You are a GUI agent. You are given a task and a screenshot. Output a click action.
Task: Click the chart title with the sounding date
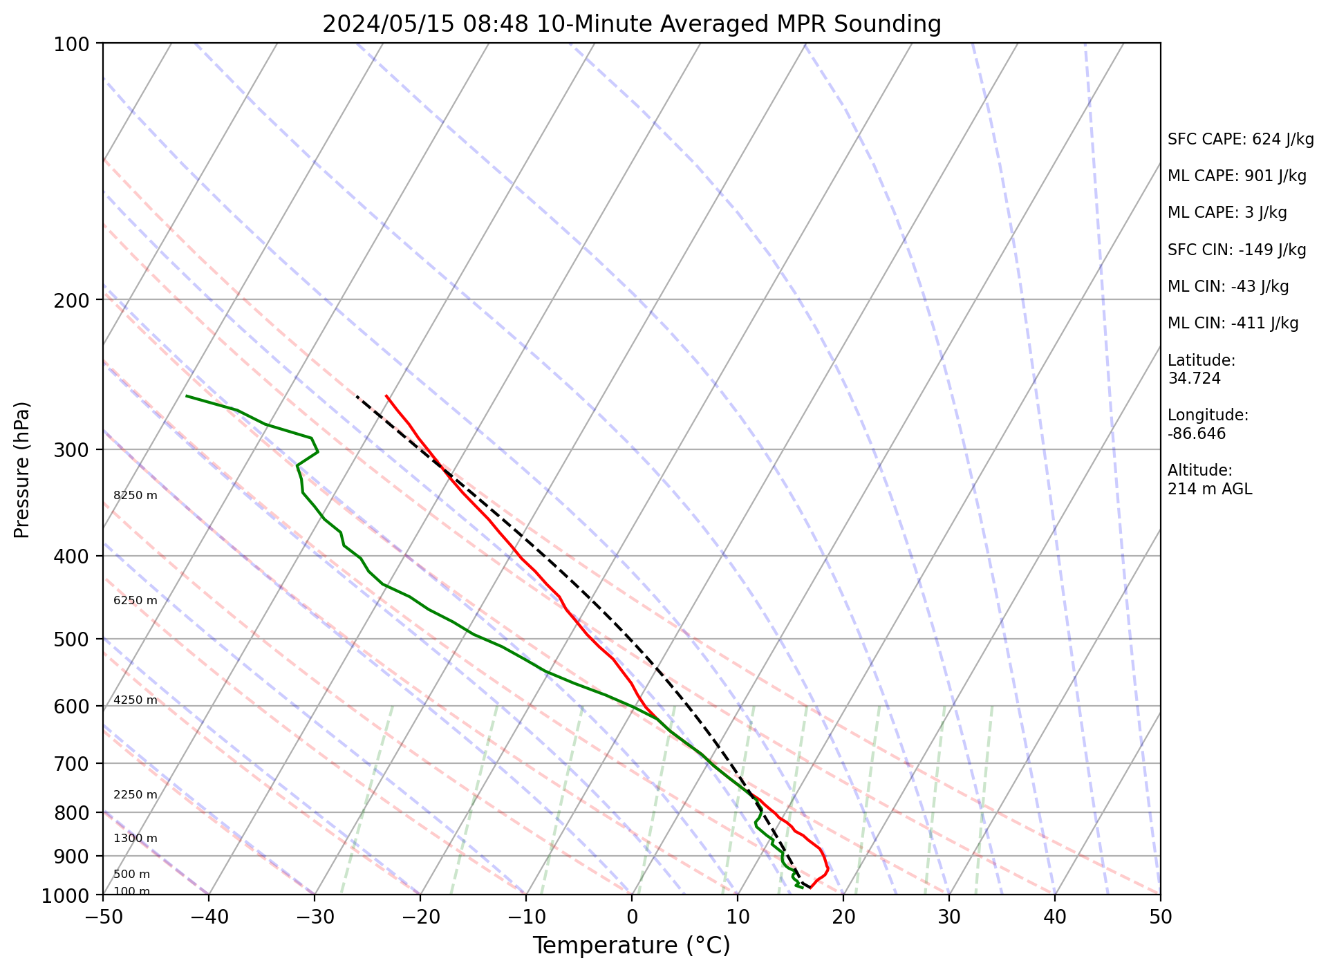[631, 24]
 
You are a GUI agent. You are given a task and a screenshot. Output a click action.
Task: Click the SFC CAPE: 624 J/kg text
[1240, 140]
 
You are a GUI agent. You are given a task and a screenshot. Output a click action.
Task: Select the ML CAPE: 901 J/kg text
[1237, 176]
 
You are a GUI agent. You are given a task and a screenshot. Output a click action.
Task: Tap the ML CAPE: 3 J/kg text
[1227, 213]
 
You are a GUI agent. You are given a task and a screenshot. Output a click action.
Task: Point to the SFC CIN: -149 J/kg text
[1237, 250]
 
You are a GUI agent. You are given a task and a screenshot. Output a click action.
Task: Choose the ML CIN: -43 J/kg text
[1228, 287]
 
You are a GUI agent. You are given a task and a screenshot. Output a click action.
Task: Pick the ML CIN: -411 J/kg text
[1233, 324]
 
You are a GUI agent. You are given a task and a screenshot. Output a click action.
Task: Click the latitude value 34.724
[1194, 379]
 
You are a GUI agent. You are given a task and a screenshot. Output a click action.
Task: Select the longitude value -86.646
[1197, 434]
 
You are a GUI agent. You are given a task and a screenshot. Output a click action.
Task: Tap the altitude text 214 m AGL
[1210, 489]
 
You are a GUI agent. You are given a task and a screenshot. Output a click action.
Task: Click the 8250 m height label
[135, 496]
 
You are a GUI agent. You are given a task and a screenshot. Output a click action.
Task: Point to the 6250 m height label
[135, 601]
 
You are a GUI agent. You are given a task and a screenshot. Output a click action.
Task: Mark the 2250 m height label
[135, 795]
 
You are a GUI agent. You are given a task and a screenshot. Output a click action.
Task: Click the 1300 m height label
[135, 839]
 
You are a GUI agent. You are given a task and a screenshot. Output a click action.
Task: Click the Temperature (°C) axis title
[631, 946]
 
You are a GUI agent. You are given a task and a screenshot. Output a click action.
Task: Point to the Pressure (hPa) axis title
[23, 469]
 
